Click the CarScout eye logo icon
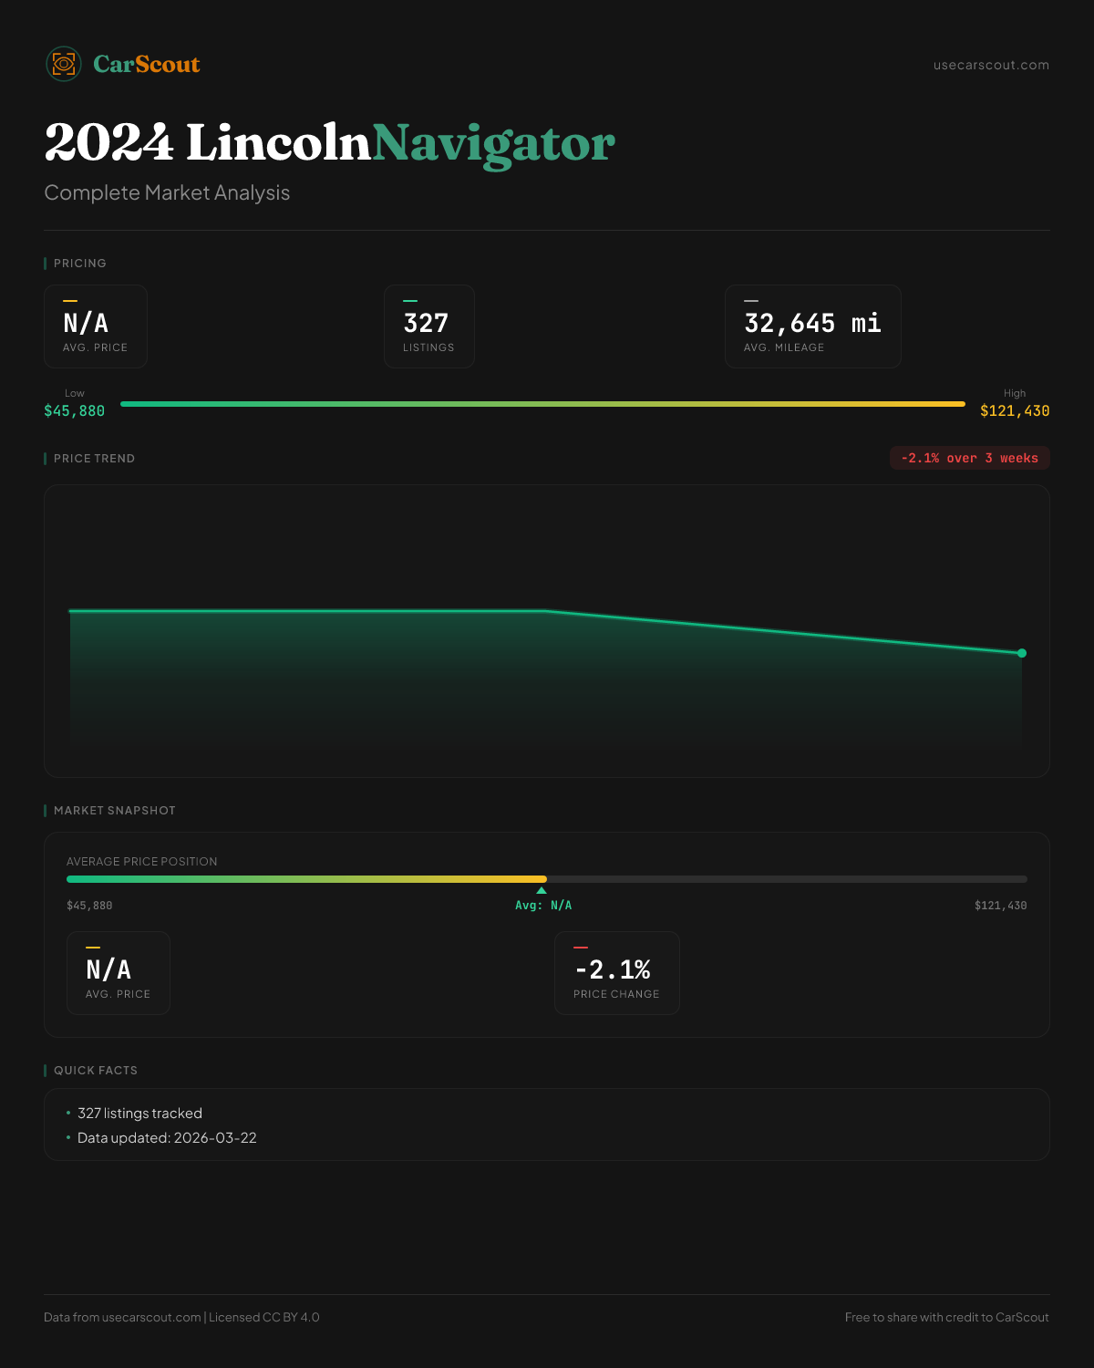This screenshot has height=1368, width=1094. click(64, 64)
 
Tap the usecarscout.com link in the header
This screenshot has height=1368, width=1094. click(991, 65)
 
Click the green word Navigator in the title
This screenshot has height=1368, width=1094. click(493, 144)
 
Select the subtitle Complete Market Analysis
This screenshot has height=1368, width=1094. click(167, 192)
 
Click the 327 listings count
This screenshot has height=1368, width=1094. click(426, 324)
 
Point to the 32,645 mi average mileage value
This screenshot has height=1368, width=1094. click(812, 324)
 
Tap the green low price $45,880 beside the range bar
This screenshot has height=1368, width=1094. click(74, 411)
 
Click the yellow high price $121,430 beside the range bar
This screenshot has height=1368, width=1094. click(1015, 411)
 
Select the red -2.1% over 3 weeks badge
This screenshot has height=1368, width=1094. click(969, 458)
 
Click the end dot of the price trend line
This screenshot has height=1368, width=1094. click(1022, 653)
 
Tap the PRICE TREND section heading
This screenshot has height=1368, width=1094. click(94, 459)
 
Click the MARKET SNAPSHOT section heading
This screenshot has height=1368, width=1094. click(114, 811)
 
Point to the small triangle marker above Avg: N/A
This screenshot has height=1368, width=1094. click(542, 890)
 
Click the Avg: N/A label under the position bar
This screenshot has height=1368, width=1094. click(543, 906)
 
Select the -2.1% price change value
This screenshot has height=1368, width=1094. click(613, 969)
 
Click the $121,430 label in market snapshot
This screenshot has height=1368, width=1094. click(1000, 906)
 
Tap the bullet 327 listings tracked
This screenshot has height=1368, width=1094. click(139, 1114)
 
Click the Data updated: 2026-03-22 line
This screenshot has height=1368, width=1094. click(167, 1138)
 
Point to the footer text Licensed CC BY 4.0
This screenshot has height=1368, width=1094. click(264, 1317)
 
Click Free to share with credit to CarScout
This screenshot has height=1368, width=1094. click(946, 1317)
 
